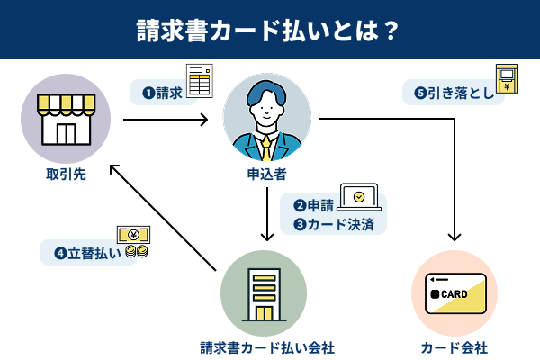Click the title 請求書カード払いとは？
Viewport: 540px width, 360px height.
tap(269, 29)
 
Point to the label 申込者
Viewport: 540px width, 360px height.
tap(267, 174)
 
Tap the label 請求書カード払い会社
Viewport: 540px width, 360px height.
tap(267, 347)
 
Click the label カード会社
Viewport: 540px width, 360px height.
tap(454, 347)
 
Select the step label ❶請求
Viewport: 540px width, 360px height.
tap(162, 92)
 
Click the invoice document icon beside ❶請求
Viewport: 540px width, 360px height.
tap(199, 82)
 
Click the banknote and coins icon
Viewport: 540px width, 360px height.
tap(133, 242)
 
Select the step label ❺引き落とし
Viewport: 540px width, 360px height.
tap(452, 92)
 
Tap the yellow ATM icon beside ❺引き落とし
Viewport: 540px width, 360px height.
tap(506, 77)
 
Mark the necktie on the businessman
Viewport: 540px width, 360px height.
tap(266, 145)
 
